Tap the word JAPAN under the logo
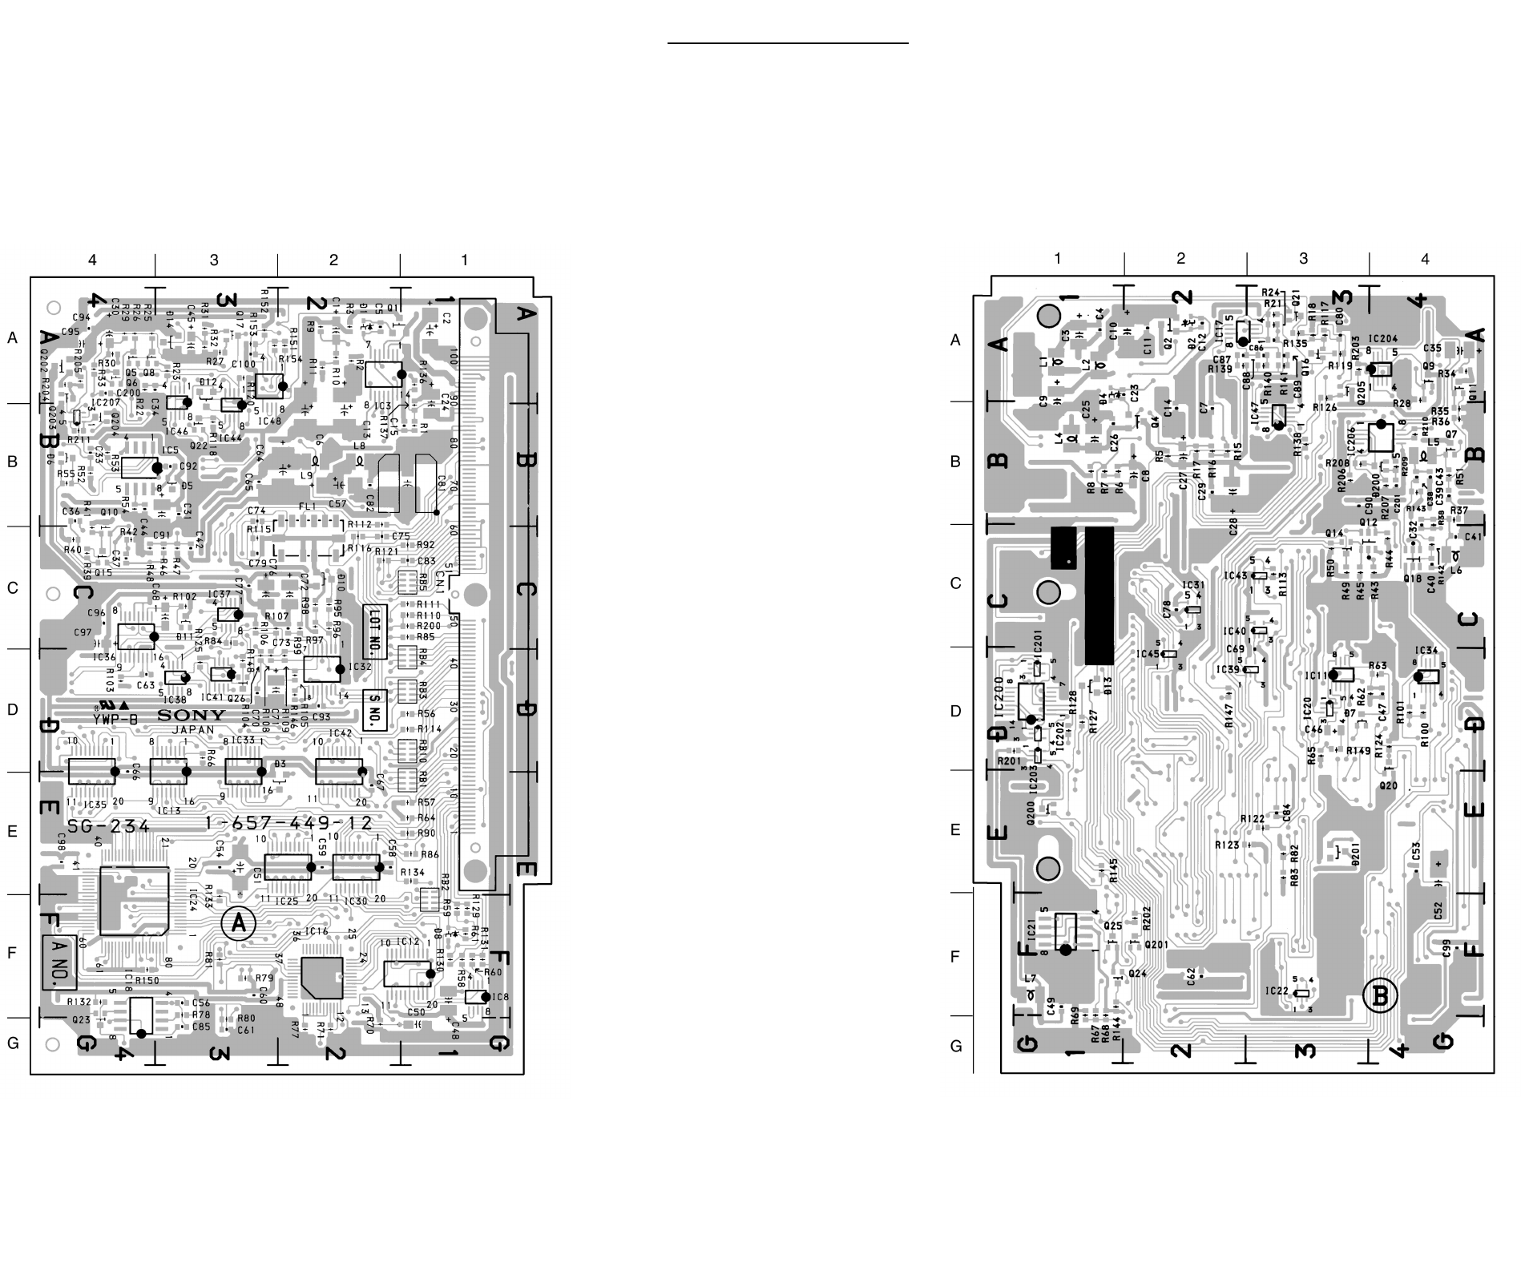click(x=193, y=730)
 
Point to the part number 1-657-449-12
click(x=288, y=824)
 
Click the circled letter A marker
click(x=238, y=924)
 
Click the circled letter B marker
click(x=1380, y=996)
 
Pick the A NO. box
click(x=59, y=962)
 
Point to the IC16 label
click(x=317, y=931)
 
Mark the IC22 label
click(x=1277, y=991)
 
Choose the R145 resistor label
click(x=1113, y=871)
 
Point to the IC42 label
click(x=340, y=733)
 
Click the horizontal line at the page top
click(x=788, y=43)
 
